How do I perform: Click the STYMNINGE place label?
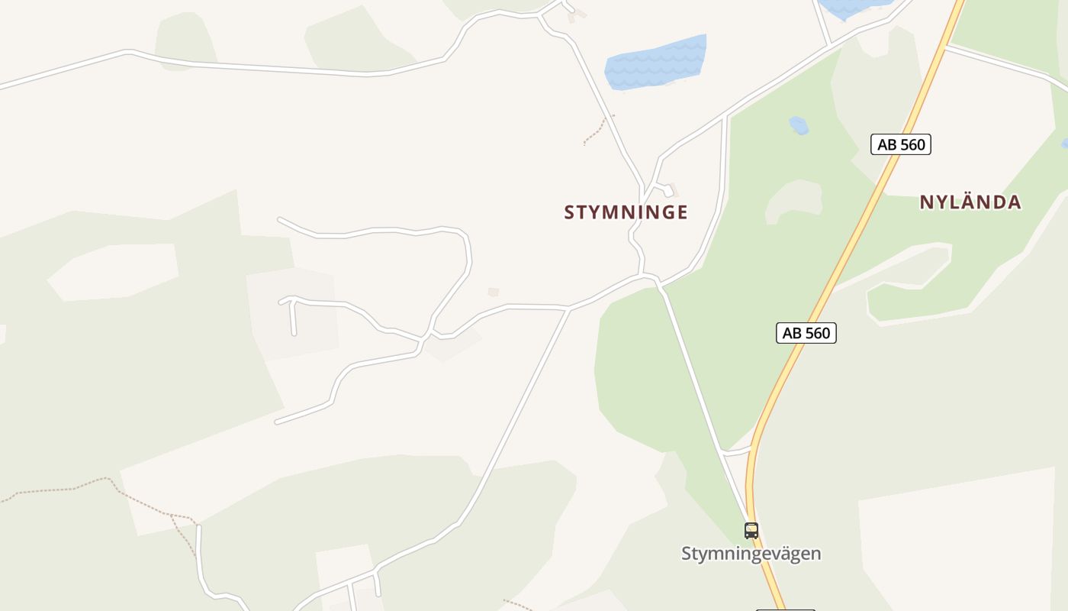pyautogui.click(x=626, y=212)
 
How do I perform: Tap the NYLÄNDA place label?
pyautogui.click(x=970, y=202)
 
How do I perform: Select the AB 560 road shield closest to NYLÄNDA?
pyautogui.click(x=901, y=144)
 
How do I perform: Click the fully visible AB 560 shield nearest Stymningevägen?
pyautogui.click(x=806, y=333)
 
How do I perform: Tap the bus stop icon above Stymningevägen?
pyautogui.click(x=751, y=530)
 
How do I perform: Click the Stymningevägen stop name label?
pyautogui.click(x=751, y=554)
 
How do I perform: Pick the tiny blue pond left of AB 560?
pyautogui.click(x=799, y=125)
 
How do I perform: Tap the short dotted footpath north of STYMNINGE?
pyautogui.click(x=597, y=130)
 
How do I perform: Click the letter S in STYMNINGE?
pyautogui.click(x=569, y=212)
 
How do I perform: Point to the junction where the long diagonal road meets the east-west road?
pyautogui.click(x=569, y=308)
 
